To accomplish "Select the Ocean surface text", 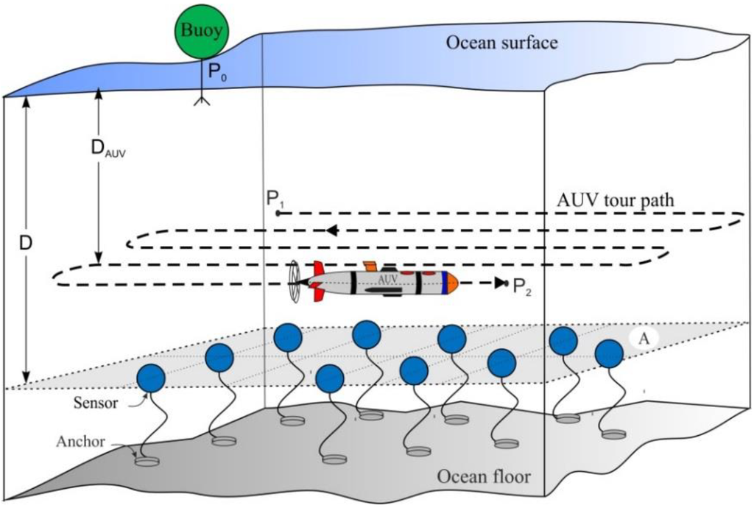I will [501, 42].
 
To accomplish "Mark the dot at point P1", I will [278, 213].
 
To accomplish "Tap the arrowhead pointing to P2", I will [501, 283].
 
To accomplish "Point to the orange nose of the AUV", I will [452, 281].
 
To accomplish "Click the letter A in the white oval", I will [642, 338].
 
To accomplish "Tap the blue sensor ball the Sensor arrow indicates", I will [150, 378].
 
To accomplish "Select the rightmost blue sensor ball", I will [609, 354].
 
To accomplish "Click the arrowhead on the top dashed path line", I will [333, 230].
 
